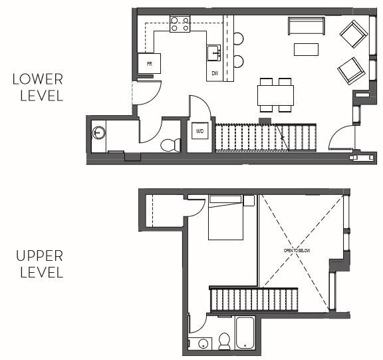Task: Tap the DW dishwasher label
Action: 215,73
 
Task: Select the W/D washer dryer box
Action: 199,132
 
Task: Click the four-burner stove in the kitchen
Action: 180,25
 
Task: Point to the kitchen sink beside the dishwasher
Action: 213,53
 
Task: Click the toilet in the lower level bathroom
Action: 172,144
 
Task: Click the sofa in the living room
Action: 306,26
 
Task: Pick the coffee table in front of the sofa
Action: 307,49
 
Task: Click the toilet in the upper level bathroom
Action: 225,341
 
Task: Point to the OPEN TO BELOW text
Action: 297,250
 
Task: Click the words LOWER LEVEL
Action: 38,87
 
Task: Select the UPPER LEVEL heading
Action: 41,264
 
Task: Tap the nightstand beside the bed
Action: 249,200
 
